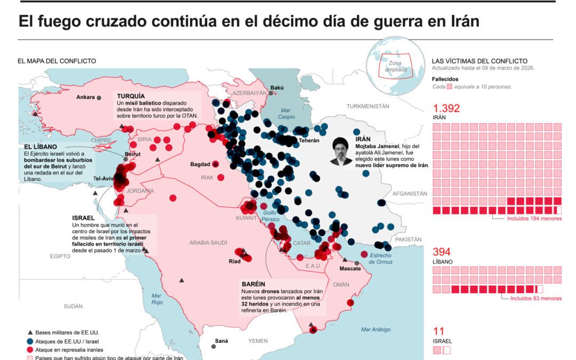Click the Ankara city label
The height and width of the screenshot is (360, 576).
[85, 97]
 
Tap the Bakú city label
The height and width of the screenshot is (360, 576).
[277, 87]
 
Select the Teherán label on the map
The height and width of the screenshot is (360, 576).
[309, 140]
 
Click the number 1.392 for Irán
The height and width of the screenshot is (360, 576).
[446, 108]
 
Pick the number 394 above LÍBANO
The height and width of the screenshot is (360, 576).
[442, 252]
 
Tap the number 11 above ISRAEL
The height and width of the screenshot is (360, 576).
[438, 331]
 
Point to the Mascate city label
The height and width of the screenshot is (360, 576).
[350, 268]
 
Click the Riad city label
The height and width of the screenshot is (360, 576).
[234, 261]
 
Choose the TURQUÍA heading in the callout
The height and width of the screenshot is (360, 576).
[131, 96]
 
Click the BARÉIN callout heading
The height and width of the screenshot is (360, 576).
[253, 284]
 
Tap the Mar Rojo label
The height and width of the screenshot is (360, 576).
[156, 298]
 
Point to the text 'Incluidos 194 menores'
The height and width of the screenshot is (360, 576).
[534, 219]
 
